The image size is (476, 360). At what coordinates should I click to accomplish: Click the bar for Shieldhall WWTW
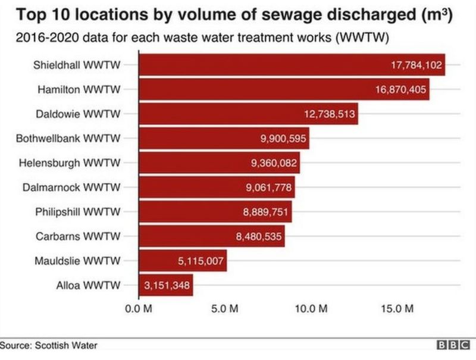coord(292,65)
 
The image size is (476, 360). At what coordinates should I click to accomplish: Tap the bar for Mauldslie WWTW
coord(182,261)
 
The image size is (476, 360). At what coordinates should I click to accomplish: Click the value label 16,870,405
coord(400,89)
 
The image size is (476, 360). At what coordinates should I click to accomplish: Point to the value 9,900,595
coord(282,138)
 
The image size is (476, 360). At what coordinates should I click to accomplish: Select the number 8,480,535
coord(258,236)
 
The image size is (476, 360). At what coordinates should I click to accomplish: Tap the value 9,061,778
coord(268,187)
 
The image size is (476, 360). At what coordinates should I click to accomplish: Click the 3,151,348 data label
coord(167,286)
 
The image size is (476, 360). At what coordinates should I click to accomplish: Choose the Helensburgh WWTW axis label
coord(70,162)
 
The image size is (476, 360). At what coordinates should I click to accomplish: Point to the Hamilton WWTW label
coord(79,89)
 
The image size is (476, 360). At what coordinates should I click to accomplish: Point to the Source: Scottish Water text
coord(49,345)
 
